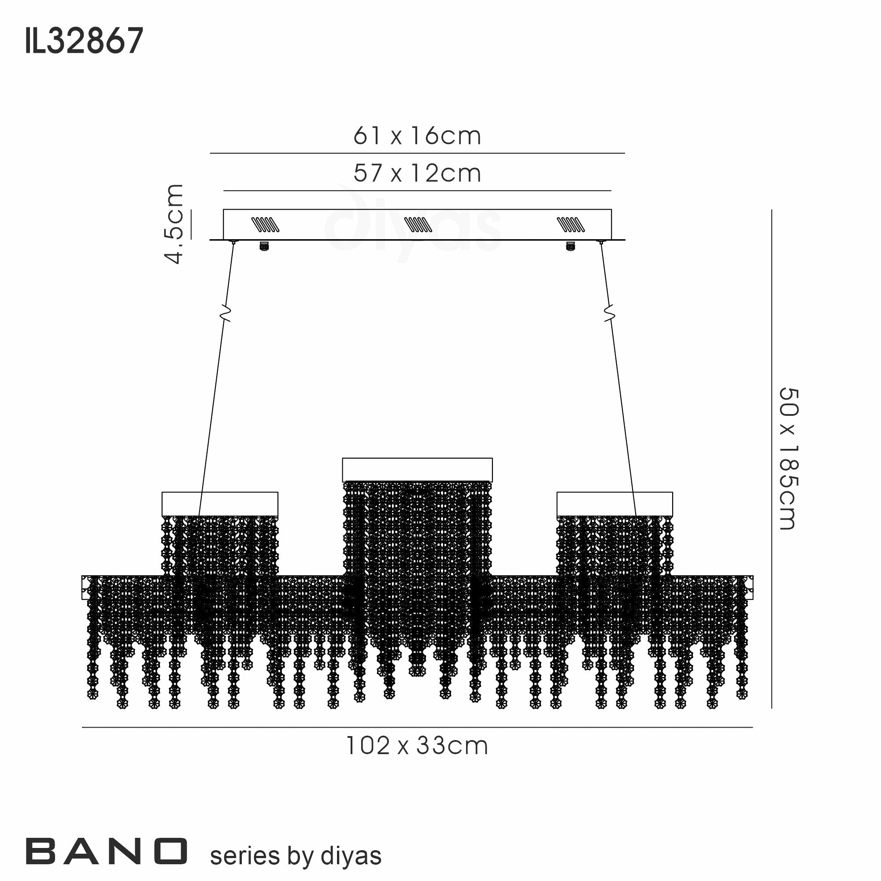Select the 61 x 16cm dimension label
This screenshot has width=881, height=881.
pos(417,136)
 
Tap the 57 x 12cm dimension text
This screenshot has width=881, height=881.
pos(417,173)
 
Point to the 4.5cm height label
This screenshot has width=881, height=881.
pos(174,224)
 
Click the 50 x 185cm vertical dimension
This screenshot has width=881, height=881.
pos(788,459)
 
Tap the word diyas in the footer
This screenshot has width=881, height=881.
pos(351,856)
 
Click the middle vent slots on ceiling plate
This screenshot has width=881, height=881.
pos(418,224)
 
